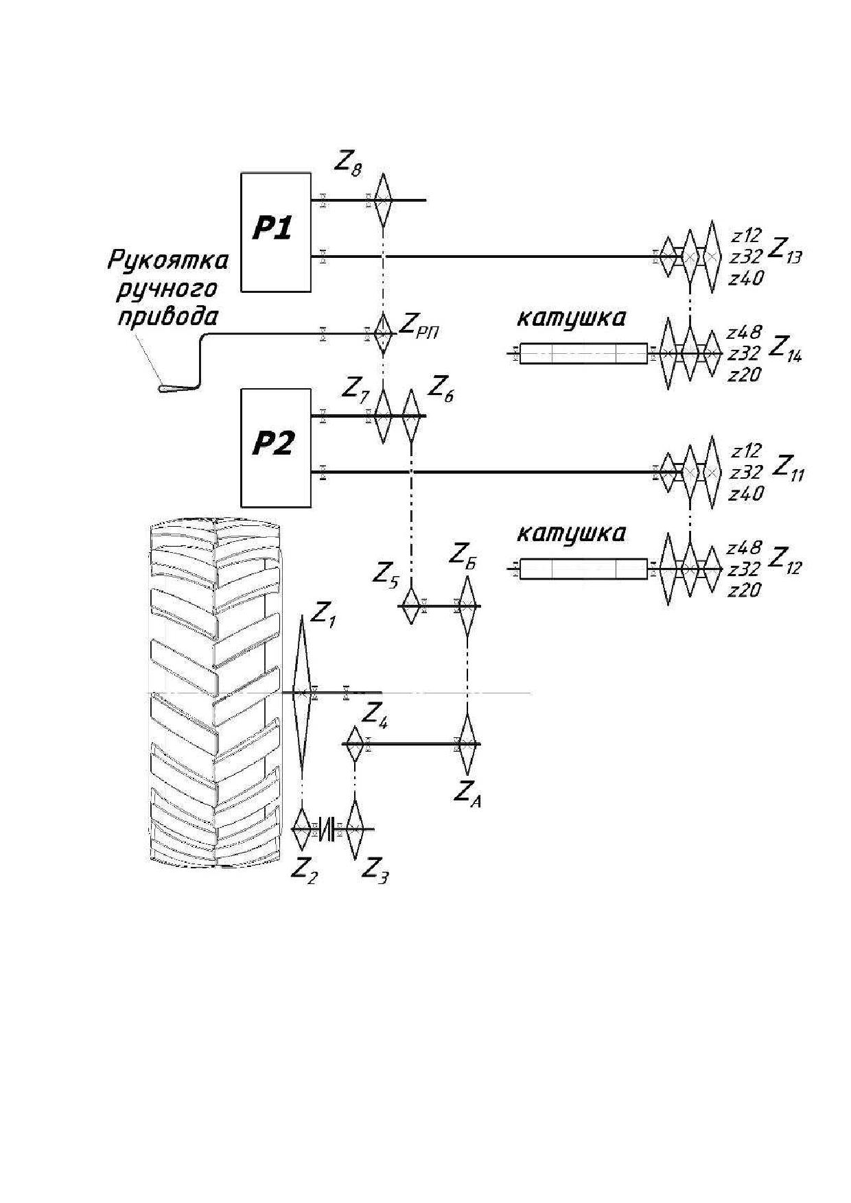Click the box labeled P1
pyautogui.click(x=276, y=232)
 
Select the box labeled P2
pyautogui.click(x=276, y=447)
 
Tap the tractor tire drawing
pyautogui.click(x=215, y=693)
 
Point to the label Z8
pyautogui.click(x=349, y=163)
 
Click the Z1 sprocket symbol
pyautogui.click(x=301, y=693)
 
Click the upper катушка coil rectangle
pyautogui.click(x=583, y=354)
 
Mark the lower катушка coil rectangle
pyautogui.click(x=583, y=569)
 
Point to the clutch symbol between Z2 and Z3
pyautogui.click(x=330, y=829)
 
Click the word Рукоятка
pyautogui.click(x=168, y=261)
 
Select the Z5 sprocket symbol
pyautogui.click(x=410, y=606)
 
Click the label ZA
pyautogui.click(x=467, y=793)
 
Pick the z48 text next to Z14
pyautogui.click(x=744, y=333)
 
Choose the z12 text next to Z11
pyautogui.click(x=747, y=451)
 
